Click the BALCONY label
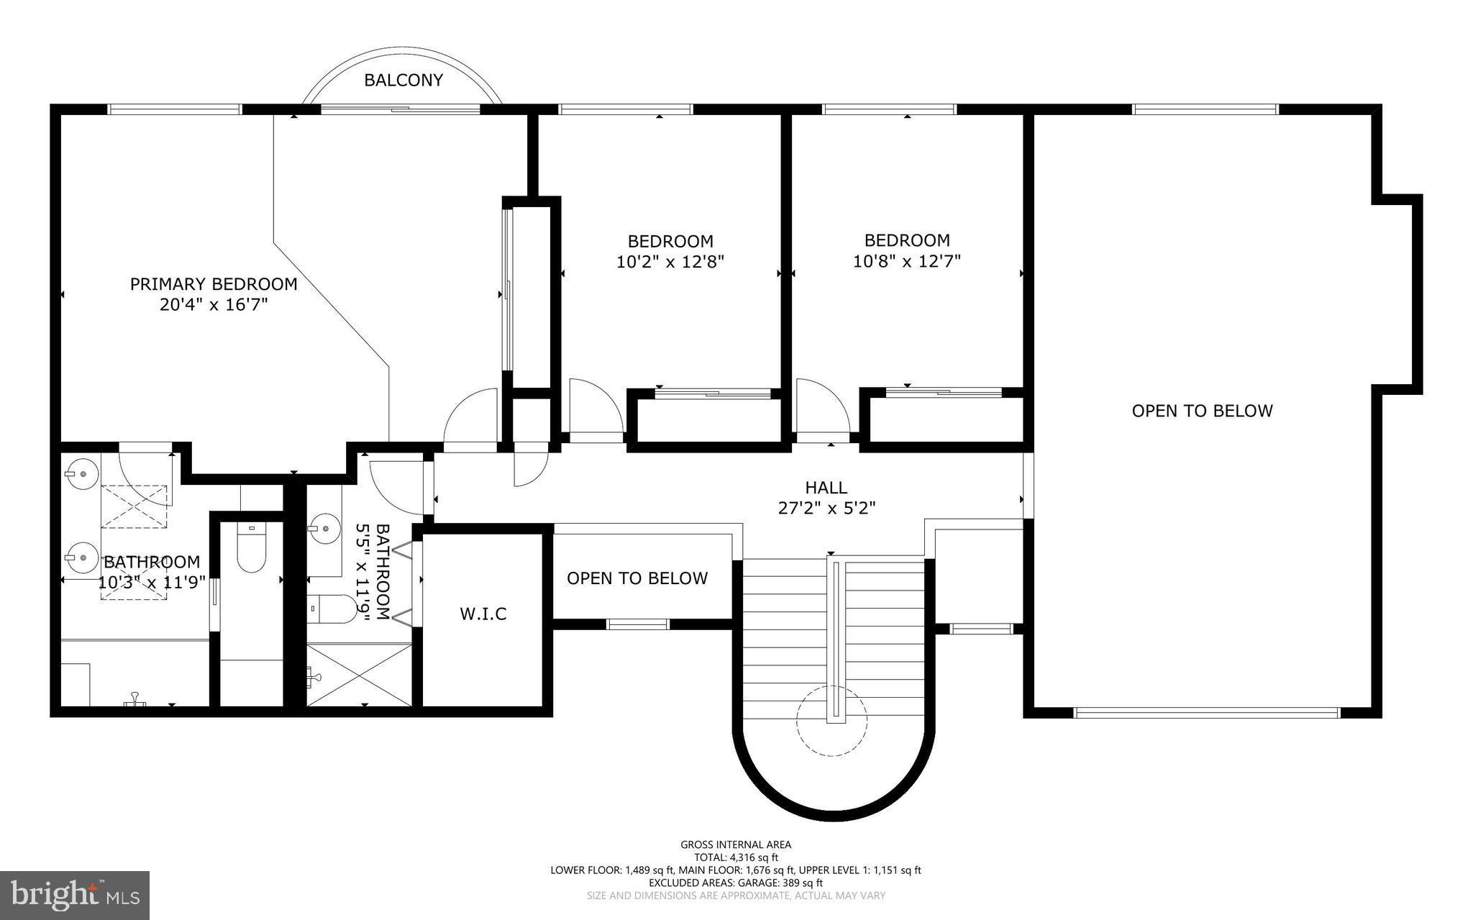click(x=403, y=81)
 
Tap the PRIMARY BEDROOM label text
click(x=214, y=284)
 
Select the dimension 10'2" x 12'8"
click(x=670, y=262)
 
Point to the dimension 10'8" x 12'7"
click(x=906, y=261)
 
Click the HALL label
click(x=826, y=488)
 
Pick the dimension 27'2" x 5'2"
click(x=826, y=508)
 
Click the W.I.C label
click(x=483, y=614)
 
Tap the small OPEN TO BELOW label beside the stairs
click(x=637, y=578)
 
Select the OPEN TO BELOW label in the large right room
click(x=1202, y=411)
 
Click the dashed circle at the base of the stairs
click(x=831, y=721)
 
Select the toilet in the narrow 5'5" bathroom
click(x=332, y=609)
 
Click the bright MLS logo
click(x=75, y=894)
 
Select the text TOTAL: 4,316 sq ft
click(x=736, y=857)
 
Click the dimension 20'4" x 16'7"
click(x=214, y=305)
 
